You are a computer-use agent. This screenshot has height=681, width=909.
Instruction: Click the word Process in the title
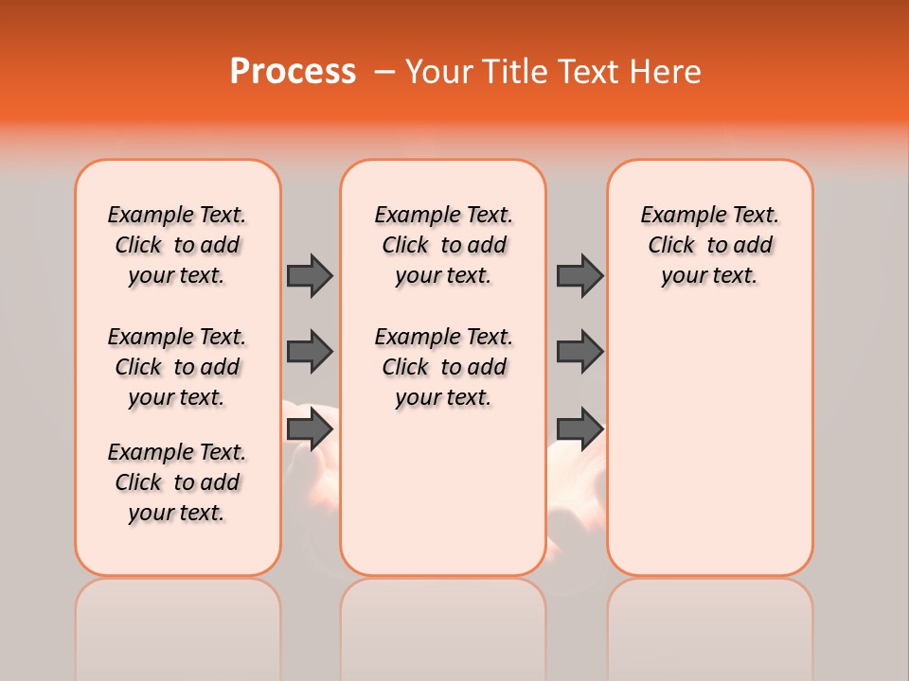(293, 72)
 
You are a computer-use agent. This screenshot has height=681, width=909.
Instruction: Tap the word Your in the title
(441, 72)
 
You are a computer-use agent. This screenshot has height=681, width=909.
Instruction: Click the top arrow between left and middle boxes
(310, 275)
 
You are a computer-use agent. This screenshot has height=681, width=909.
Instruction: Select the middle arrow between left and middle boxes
(310, 352)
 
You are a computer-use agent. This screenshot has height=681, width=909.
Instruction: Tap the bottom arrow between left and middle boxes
(310, 428)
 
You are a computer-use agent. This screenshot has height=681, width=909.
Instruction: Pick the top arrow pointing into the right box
(579, 275)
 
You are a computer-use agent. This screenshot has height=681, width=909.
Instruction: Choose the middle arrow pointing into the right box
(579, 352)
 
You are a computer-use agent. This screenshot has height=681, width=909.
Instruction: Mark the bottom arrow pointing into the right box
(579, 428)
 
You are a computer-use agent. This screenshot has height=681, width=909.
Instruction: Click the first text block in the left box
(177, 245)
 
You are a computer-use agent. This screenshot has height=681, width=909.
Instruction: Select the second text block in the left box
(177, 367)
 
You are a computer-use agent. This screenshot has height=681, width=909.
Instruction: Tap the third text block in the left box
(177, 482)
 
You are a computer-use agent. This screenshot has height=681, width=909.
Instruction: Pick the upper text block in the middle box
(443, 245)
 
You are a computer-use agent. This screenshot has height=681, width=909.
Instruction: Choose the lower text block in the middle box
(443, 367)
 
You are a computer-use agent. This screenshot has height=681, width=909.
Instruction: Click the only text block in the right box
(710, 245)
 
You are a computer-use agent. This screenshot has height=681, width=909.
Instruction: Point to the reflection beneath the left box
(178, 624)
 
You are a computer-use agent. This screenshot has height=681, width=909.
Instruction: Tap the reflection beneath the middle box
(443, 624)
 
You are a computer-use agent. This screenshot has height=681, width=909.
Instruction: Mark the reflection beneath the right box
(710, 624)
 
